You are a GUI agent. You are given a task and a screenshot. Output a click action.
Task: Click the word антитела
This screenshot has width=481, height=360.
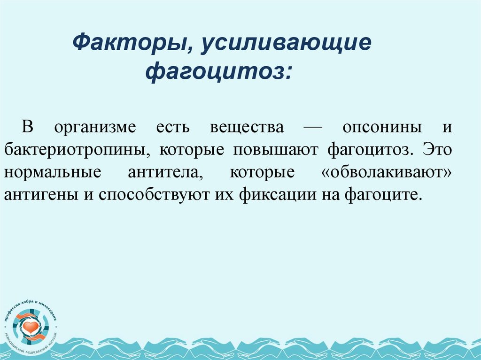pos(165,172)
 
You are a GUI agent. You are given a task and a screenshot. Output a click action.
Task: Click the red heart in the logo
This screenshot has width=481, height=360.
pos(31,326)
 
